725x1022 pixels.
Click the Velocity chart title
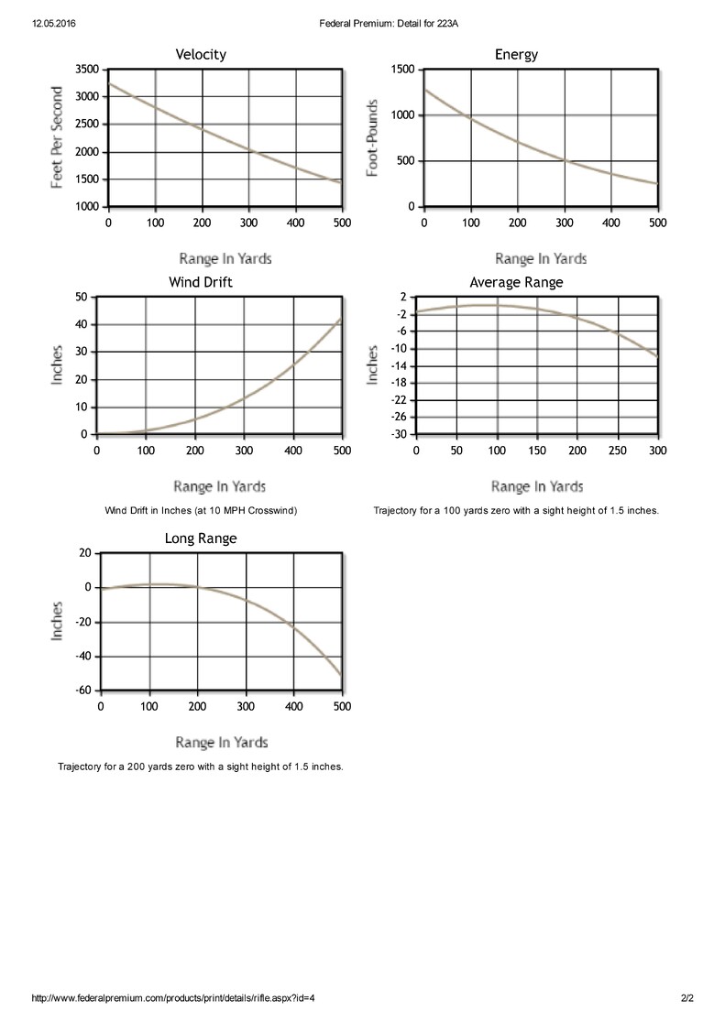click(201, 55)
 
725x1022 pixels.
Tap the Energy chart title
click(516, 55)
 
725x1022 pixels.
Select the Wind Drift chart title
click(201, 282)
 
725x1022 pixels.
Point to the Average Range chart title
click(516, 283)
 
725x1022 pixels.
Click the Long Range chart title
click(201, 538)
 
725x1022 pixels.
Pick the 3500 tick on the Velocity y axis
click(87, 69)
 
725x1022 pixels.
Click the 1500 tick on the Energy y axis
click(402, 69)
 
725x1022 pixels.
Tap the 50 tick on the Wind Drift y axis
click(81, 297)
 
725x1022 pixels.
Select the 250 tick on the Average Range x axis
click(618, 451)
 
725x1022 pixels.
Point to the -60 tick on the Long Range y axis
click(84, 690)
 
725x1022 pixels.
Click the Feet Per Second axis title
click(57, 137)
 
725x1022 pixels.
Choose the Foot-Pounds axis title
click(373, 137)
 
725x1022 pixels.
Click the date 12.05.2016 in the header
click(53, 24)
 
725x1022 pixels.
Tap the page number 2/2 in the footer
click(687, 998)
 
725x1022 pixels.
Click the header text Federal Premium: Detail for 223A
click(389, 24)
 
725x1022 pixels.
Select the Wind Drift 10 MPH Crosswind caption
click(201, 510)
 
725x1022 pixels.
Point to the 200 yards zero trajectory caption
click(201, 766)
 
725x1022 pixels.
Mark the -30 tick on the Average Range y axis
click(399, 434)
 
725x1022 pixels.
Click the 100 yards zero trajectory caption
click(516, 510)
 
